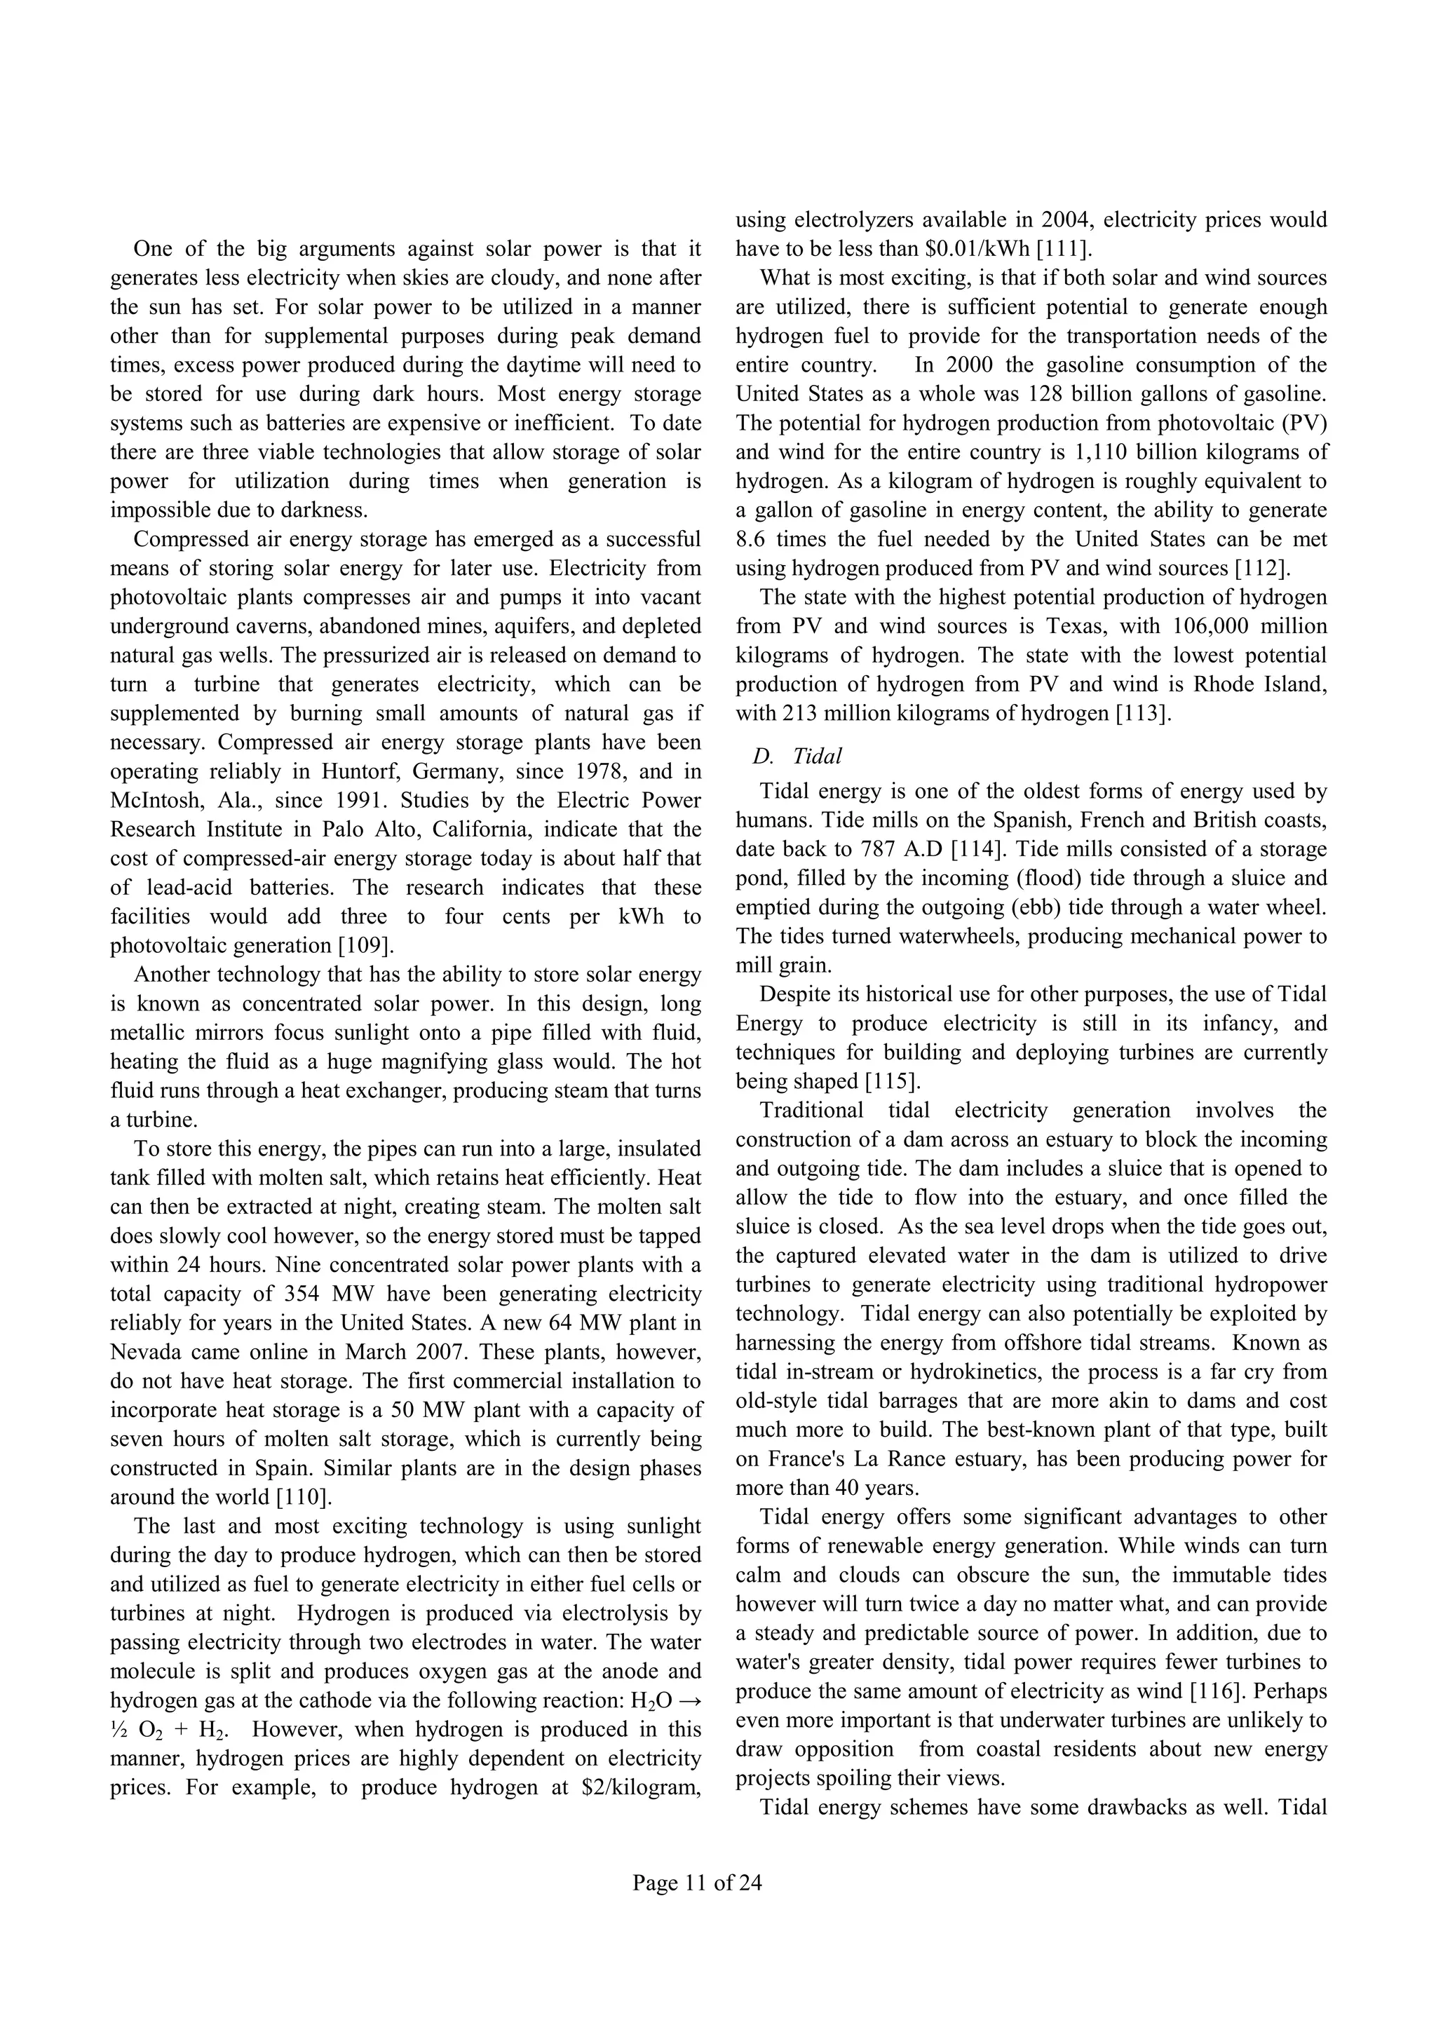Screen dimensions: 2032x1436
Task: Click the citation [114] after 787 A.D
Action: [x=977, y=848]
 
